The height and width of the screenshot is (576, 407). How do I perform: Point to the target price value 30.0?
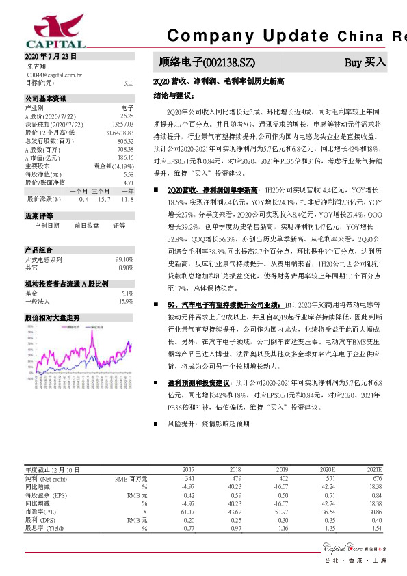(x=129, y=83)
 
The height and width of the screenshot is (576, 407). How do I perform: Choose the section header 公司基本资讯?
(x=46, y=99)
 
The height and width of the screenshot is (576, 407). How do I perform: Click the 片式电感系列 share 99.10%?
(x=124, y=259)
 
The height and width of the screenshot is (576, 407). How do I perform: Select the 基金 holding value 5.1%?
(x=126, y=293)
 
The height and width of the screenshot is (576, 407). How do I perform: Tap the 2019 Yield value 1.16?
(x=280, y=528)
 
